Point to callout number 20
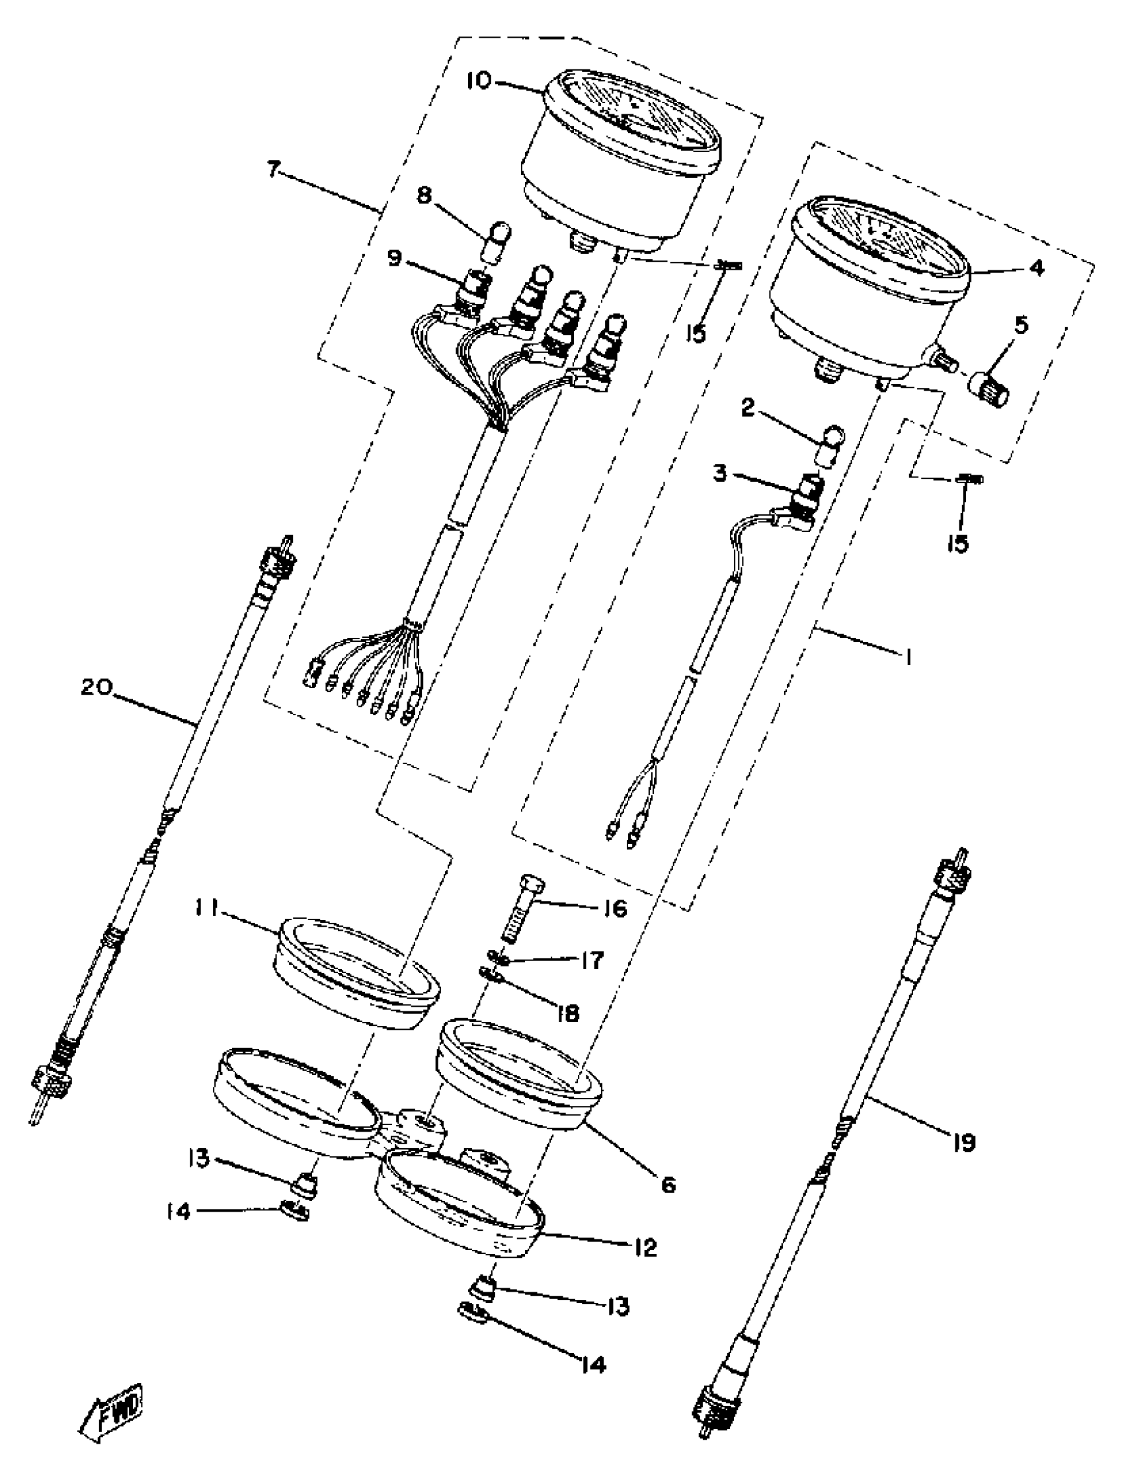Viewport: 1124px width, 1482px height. pos(97,688)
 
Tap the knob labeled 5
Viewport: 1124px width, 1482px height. pos(990,389)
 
